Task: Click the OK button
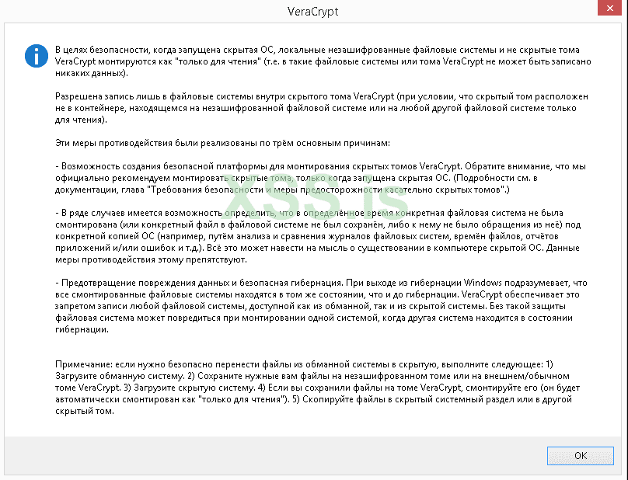pyautogui.click(x=580, y=455)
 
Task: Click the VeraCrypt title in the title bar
pyautogui.click(x=314, y=12)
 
